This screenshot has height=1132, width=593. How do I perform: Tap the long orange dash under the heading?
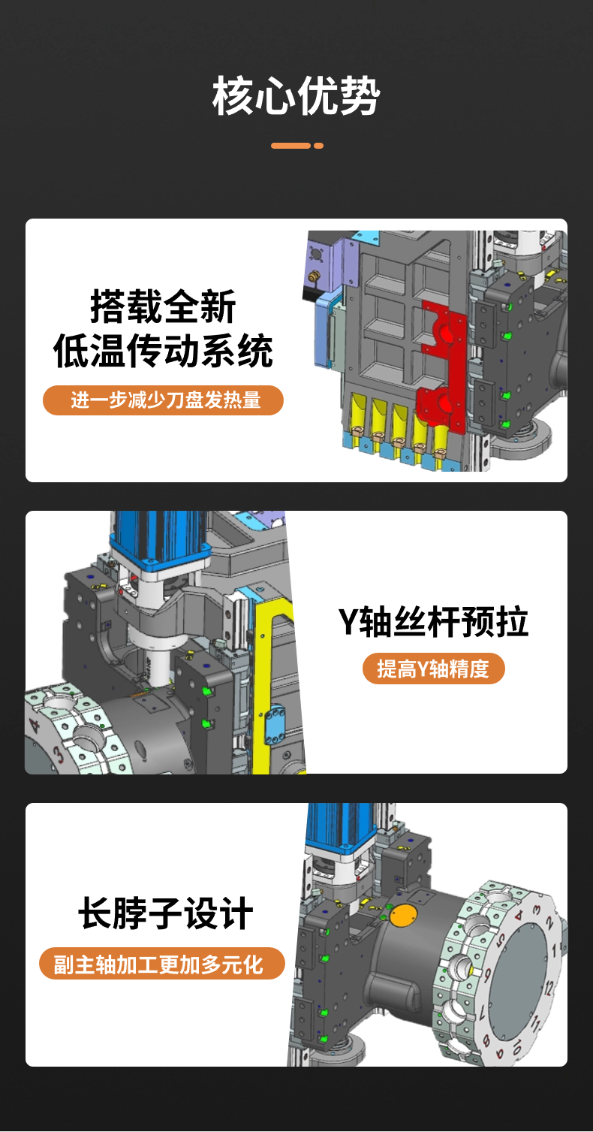(291, 146)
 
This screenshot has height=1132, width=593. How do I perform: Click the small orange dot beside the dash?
(319, 146)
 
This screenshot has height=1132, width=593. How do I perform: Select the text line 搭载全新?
(163, 306)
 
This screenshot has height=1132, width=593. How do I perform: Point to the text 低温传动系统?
(163, 351)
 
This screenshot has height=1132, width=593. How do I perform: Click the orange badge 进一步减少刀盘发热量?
(163, 400)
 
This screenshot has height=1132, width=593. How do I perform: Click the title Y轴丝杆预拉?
(433, 622)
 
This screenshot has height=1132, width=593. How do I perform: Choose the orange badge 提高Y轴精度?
(433, 669)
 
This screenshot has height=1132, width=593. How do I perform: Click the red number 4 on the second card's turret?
(34, 726)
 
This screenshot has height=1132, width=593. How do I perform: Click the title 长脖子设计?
(165, 913)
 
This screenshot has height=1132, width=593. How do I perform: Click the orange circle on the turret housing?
(402, 915)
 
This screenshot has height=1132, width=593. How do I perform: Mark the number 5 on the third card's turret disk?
(500, 940)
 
